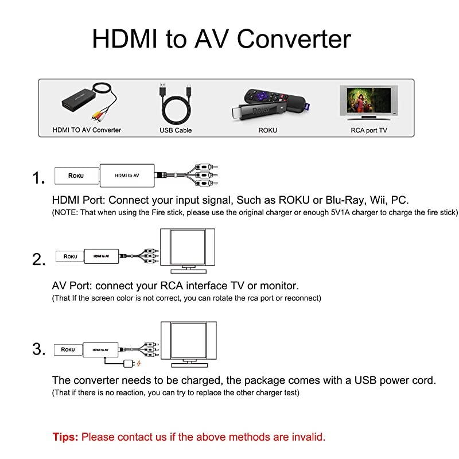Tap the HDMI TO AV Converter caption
click(x=87, y=130)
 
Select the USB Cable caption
click(x=176, y=130)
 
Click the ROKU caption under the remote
click(x=267, y=130)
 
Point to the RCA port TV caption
click(x=369, y=130)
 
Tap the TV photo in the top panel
click(x=368, y=102)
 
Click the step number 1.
click(x=38, y=178)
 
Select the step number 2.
click(x=38, y=260)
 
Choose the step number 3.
click(x=38, y=349)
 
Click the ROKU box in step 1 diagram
click(x=76, y=175)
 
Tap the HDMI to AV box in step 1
click(x=127, y=174)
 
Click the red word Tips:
click(x=65, y=437)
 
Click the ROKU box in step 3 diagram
click(x=68, y=349)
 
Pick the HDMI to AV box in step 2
click(x=102, y=255)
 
